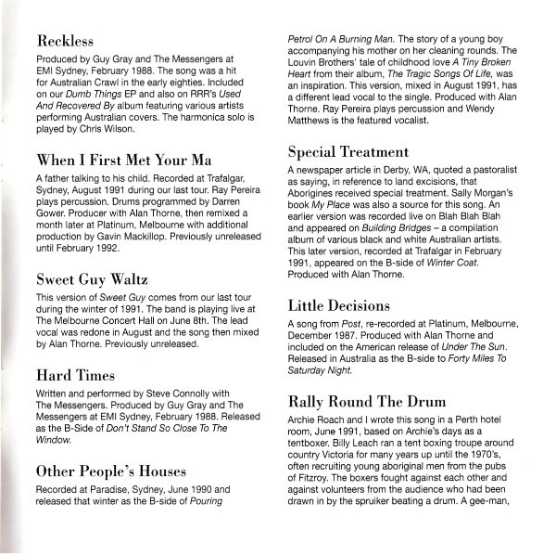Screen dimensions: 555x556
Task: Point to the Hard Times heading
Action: click(75, 375)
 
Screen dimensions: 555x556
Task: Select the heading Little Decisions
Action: click(339, 304)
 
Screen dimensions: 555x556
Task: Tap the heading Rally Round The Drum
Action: click(367, 402)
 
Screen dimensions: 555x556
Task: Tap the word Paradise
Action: click(111, 490)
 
